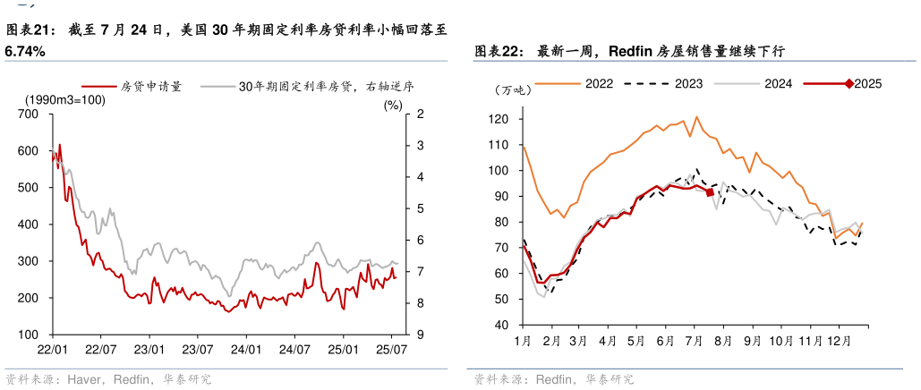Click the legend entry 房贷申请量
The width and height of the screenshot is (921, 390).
(151, 88)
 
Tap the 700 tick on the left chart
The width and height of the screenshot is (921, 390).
(28, 114)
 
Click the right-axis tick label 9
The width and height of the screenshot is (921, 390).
(420, 335)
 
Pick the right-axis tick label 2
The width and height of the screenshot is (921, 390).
(420, 114)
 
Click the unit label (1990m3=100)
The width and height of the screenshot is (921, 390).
(64, 100)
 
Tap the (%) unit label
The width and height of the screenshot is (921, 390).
(393, 105)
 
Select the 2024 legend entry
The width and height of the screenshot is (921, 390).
(778, 84)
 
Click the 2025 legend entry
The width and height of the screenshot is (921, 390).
(867, 84)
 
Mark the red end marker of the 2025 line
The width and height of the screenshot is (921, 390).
(710, 191)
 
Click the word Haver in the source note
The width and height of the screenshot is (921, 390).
(82, 379)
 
